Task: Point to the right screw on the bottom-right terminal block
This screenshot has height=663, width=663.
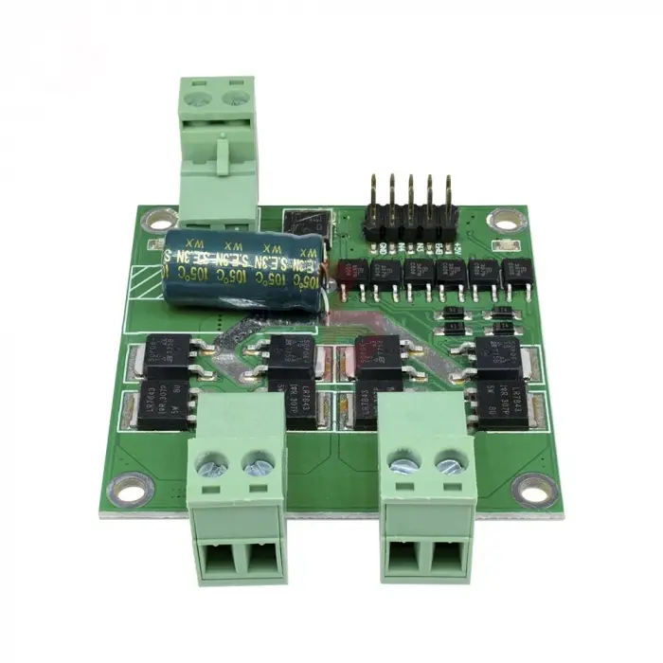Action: point(448,464)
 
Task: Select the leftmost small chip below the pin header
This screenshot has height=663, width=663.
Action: point(357,273)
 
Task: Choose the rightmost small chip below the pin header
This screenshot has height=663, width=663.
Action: point(517,272)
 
